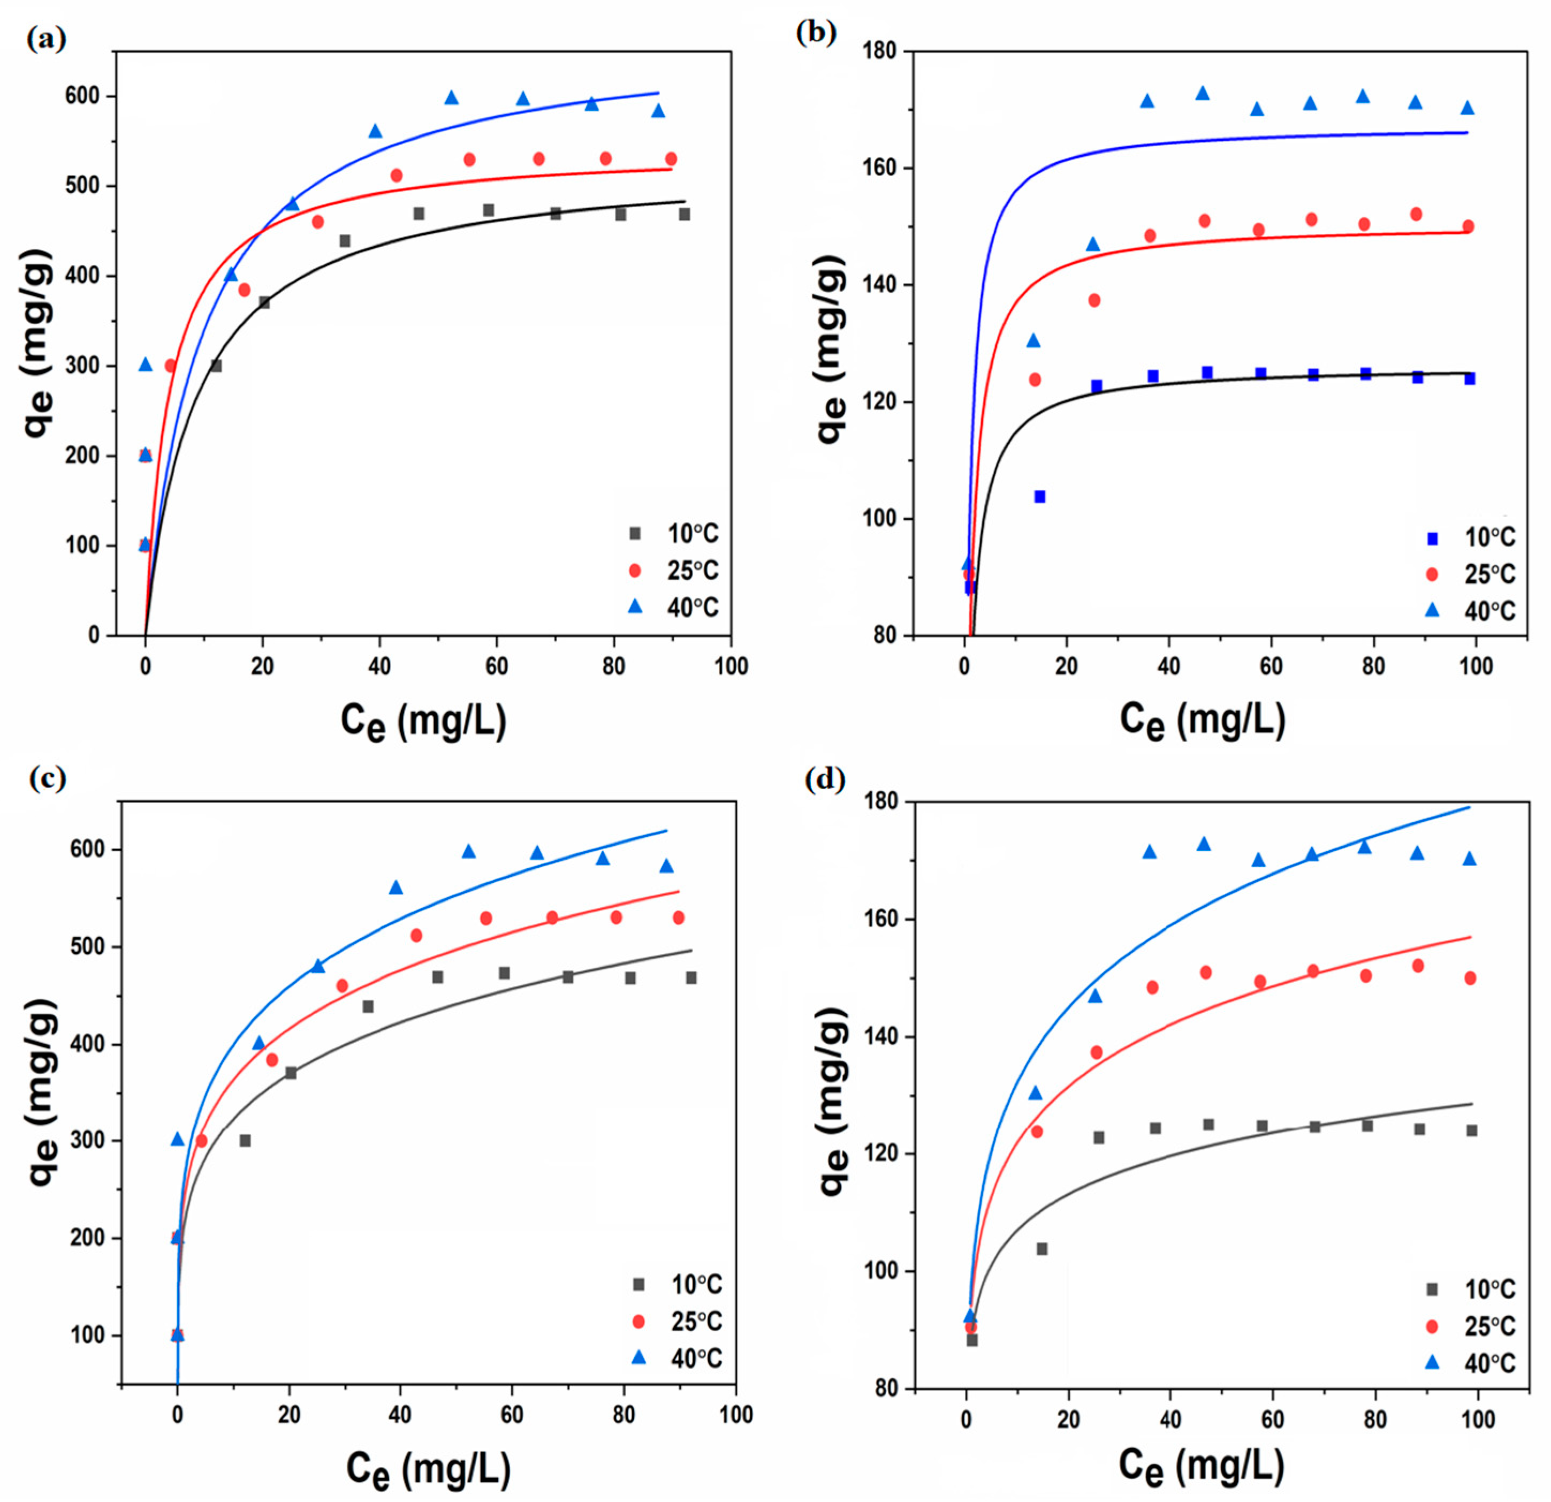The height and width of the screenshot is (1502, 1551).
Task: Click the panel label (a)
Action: click(x=46, y=38)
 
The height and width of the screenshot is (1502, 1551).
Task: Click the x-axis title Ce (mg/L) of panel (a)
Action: click(x=423, y=721)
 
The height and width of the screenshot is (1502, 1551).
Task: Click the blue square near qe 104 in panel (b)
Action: click(x=1040, y=496)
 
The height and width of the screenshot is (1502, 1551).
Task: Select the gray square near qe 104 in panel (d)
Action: click(x=1042, y=1249)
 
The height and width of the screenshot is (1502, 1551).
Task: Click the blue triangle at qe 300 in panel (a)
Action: click(x=146, y=364)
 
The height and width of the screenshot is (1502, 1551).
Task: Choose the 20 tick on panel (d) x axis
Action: click(x=1068, y=1420)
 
